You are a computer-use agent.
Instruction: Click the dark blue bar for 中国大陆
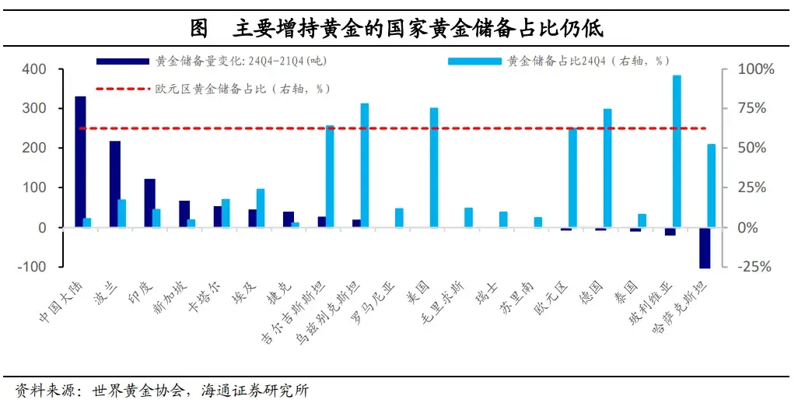click(80, 162)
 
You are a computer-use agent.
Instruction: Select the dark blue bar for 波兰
click(114, 184)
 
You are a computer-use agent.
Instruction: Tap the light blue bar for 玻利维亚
click(677, 151)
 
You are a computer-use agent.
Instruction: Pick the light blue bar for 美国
click(434, 167)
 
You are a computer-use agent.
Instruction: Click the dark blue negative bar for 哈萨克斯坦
click(704, 247)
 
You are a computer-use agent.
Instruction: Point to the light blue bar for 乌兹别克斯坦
click(364, 165)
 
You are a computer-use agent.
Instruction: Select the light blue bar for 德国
click(607, 168)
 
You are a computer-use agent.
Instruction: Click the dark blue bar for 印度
click(149, 203)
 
